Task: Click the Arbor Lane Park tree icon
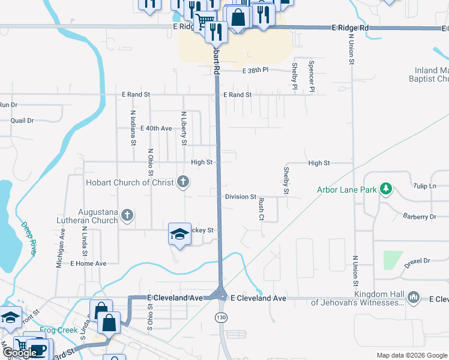tap(385, 190)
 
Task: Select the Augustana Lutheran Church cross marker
tap(126, 215)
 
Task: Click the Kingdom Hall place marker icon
tap(413, 297)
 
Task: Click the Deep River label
tap(29, 239)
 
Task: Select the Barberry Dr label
tap(420, 217)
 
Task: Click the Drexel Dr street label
tap(418, 261)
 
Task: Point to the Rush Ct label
tap(261, 210)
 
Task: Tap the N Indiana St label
tap(133, 128)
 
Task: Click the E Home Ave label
tap(88, 263)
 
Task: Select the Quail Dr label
tap(22, 121)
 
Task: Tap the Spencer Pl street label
tap(311, 76)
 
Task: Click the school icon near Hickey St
tap(179, 233)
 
